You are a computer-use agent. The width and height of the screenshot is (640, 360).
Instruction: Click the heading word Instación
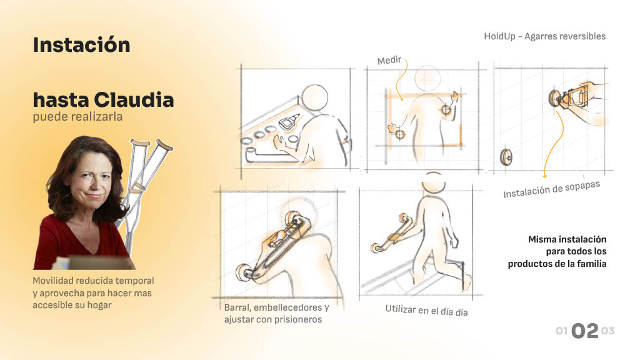tap(82, 45)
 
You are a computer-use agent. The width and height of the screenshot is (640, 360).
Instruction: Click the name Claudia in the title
tap(134, 100)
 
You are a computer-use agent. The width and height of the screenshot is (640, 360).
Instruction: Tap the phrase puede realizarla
tap(77, 117)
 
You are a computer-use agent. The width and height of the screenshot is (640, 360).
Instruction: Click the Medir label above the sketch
tap(389, 61)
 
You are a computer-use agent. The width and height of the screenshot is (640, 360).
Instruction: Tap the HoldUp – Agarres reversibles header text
tap(544, 36)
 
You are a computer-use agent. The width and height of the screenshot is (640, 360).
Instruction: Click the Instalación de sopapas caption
tap(551, 189)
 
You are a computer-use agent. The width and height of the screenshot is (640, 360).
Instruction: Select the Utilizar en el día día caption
tap(426, 311)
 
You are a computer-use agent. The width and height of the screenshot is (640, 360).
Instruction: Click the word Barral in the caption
tap(236, 307)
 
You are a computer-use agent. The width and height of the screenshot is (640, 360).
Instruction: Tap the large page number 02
tap(584, 331)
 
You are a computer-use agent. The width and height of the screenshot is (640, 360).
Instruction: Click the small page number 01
tap(562, 331)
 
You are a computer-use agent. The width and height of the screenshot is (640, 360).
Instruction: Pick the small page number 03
tap(607, 331)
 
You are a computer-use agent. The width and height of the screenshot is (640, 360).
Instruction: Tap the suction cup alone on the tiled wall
tap(506, 157)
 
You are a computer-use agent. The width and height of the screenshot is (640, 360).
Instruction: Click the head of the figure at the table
tap(314, 97)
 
